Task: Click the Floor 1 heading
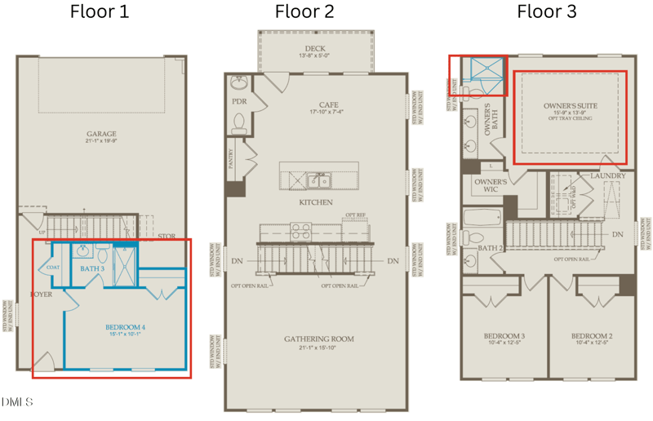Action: pyautogui.click(x=99, y=12)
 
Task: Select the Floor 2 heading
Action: pyautogui.click(x=304, y=12)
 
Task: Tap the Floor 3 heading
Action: pyautogui.click(x=547, y=12)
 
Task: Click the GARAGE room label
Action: pyautogui.click(x=102, y=134)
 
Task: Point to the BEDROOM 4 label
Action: pyautogui.click(x=125, y=328)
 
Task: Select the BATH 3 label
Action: pyautogui.click(x=92, y=268)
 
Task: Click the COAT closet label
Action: pyautogui.click(x=53, y=268)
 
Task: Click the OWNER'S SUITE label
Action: pyautogui.click(x=571, y=106)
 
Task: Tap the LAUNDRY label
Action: pyautogui.click(x=607, y=176)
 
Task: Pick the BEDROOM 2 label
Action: pyautogui.click(x=592, y=336)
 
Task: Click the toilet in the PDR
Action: pyautogui.click(x=239, y=122)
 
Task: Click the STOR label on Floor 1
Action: pyautogui.click(x=167, y=237)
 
